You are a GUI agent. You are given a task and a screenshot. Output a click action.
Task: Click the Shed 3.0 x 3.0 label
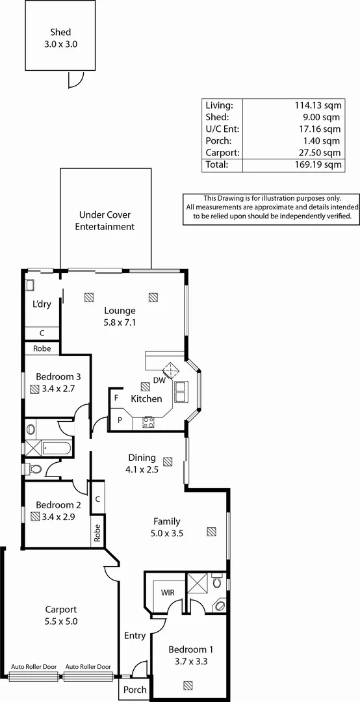click(60, 37)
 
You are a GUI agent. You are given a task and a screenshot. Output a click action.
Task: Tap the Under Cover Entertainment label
click(105, 220)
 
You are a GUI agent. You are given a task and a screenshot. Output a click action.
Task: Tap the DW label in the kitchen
click(159, 381)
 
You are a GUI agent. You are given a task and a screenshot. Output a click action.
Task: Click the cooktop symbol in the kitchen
click(148, 421)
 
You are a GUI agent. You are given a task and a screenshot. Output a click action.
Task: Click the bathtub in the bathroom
click(57, 448)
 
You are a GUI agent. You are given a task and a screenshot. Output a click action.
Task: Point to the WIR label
click(167, 592)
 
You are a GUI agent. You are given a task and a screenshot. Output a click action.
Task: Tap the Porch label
click(135, 690)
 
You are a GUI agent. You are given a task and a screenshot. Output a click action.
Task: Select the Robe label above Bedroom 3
click(42, 348)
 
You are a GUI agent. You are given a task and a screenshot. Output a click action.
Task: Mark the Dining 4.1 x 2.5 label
click(142, 463)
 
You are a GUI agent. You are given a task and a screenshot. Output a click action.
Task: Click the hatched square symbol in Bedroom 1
click(188, 684)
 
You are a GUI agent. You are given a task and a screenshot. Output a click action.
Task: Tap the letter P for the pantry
click(120, 421)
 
